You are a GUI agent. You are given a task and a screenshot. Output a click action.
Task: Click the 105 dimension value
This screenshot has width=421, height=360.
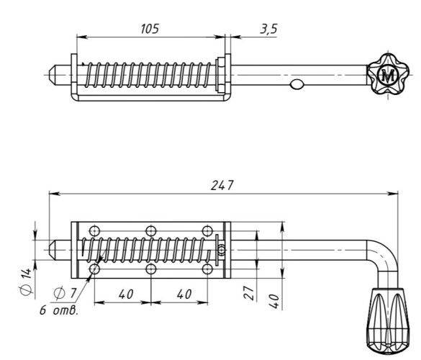click(x=150, y=29)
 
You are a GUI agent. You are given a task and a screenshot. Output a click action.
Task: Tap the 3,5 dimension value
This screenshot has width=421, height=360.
click(x=268, y=29)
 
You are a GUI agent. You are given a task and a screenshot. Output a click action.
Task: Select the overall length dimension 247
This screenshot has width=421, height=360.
click(x=222, y=185)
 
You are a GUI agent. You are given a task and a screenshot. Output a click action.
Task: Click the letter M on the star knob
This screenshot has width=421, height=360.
click(x=388, y=76)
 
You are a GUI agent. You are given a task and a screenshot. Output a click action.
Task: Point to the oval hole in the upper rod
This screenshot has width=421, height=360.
click(x=296, y=84)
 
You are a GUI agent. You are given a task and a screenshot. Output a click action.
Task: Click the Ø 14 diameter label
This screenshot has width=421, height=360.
click(x=27, y=282)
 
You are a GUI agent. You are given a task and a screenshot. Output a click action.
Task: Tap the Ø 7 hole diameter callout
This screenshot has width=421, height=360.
click(x=65, y=293)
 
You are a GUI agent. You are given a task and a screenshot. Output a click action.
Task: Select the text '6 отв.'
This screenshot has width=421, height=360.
click(x=59, y=310)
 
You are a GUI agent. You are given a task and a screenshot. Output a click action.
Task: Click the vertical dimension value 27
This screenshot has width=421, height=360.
click(x=249, y=293)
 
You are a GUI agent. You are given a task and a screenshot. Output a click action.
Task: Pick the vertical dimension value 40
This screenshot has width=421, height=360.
click(x=274, y=301)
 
